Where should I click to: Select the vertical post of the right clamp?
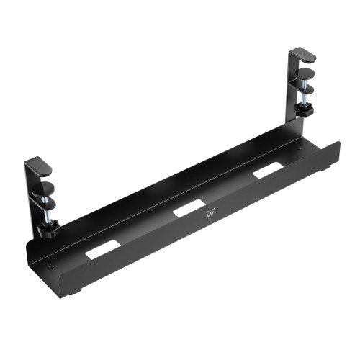pos(292,83)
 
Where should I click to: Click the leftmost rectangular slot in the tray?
pos(100,251)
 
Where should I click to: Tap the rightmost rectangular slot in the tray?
pos(266,171)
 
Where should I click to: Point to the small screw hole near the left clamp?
pos(50,266)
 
